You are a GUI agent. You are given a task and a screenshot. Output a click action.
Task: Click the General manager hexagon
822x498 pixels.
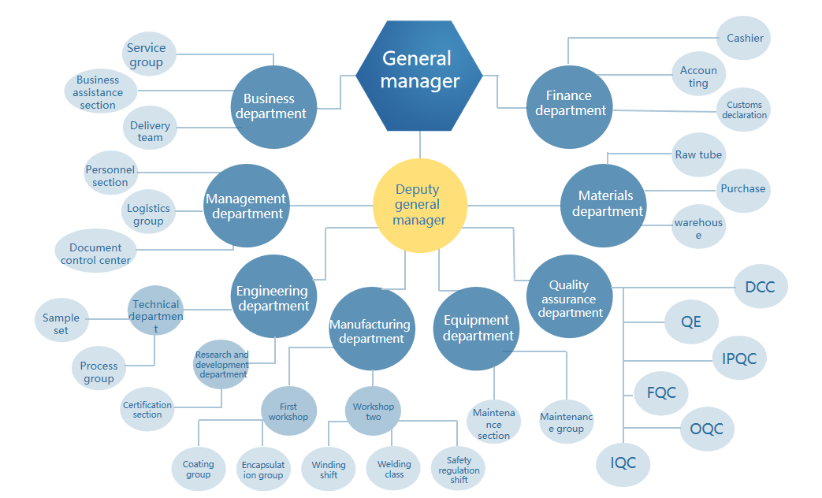420,76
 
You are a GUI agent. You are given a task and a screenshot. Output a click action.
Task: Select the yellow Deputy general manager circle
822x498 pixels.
419,205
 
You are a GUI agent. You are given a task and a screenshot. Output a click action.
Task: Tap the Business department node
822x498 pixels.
273,106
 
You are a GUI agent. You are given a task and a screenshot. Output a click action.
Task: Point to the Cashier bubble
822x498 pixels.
745,38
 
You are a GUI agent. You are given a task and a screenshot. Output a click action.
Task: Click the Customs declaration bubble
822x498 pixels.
744,110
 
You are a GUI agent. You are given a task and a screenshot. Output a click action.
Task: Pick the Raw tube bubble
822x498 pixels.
698,155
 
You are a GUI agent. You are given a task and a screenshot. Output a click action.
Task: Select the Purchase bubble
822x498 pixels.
742,189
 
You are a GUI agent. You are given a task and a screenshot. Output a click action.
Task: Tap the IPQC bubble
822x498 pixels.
738,359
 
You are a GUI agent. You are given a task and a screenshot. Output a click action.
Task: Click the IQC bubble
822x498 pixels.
623,463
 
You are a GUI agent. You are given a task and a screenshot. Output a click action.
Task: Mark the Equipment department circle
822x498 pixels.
477,329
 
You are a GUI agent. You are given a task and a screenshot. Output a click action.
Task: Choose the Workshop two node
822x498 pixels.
373,411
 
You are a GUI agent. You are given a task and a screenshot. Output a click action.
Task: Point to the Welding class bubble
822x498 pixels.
394,470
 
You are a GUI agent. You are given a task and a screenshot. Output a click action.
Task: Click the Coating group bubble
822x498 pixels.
198,470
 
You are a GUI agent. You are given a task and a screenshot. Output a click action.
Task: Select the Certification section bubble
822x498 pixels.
147,410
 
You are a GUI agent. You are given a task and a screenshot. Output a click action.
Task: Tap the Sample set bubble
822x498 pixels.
61,324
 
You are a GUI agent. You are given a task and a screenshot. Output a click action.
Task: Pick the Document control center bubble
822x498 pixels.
95,253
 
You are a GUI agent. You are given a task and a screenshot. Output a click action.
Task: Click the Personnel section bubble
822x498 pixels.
110,175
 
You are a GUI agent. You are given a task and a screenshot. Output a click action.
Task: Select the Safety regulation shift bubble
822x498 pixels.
459,470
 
